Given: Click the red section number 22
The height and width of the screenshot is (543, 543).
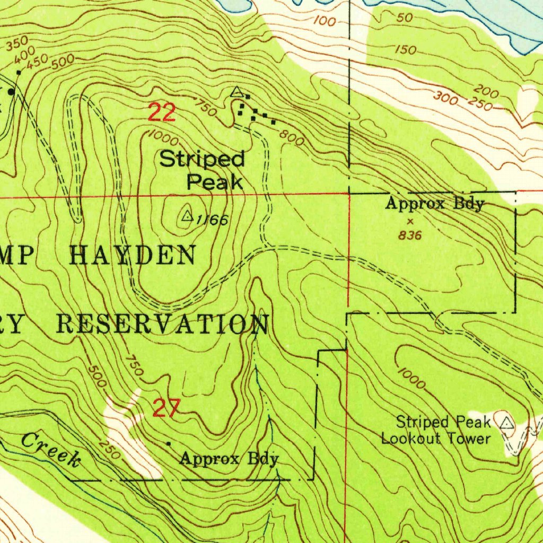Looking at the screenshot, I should (162, 112).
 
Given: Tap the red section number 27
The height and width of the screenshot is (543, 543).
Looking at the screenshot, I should (167, 408).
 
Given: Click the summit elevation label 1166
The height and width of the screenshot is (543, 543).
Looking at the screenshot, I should (212, 220).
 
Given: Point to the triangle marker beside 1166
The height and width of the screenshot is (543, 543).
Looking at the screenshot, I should (187, 216).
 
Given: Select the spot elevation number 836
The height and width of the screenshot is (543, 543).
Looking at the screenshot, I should (410, 235).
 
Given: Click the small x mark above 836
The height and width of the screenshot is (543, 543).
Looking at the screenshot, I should (410, 221).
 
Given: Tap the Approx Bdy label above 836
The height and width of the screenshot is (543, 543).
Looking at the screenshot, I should (435, 204).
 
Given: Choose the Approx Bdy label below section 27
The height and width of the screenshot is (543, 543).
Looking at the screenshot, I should (229, 458).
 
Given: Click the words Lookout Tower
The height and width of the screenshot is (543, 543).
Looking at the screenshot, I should (436, 439).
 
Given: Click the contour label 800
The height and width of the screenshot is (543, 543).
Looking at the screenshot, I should (293, 139).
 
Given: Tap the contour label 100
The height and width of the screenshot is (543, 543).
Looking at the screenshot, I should (325, 22).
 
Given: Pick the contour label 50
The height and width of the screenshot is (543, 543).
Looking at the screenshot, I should (404, 17).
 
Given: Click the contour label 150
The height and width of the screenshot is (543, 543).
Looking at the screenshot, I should (406, 50).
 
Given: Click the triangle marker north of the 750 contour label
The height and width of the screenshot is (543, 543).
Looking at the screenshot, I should (237, 92).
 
